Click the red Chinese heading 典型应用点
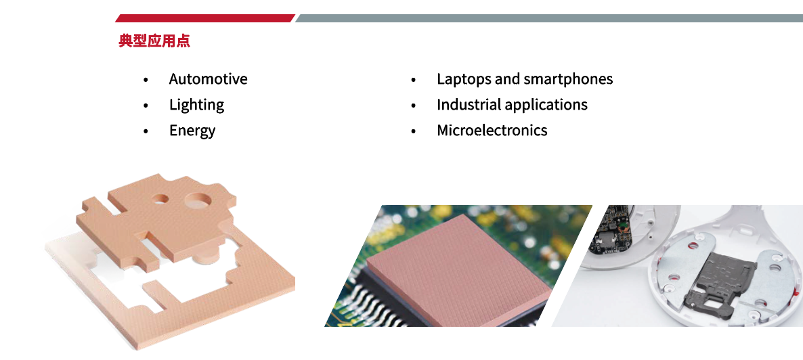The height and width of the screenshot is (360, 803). click(154, 41)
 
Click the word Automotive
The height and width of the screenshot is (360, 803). click(208, 79)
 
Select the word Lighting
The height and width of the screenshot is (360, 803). click(196, 105)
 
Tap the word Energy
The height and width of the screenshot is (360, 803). click(192, 131)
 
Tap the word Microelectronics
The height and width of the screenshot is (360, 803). click(492, 130)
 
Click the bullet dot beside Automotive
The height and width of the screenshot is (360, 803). click(146, 80)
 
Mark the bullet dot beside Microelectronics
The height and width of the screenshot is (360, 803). click(414, 131)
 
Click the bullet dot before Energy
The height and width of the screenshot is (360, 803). click(146, 131)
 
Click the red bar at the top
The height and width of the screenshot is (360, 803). click(205, 18)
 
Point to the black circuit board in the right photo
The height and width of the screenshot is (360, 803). click(612, 231)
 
